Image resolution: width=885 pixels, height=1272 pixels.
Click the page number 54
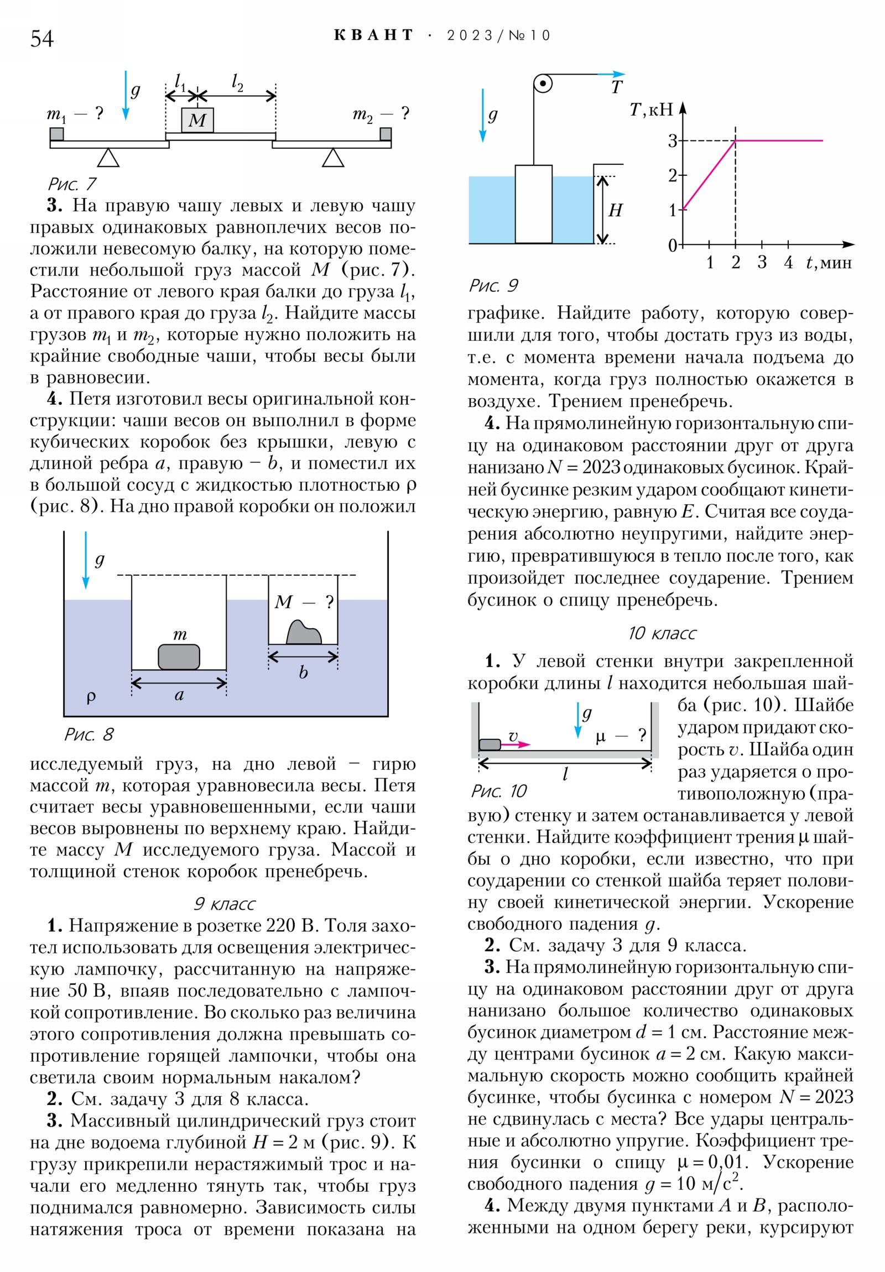pos(41,38)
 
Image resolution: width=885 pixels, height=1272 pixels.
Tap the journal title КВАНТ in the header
pos(373,35)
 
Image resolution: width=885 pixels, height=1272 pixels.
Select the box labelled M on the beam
pos(197,119)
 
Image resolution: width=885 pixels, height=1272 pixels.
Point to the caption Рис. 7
pos(72,184)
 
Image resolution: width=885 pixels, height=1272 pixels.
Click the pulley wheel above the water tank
pos(543,84)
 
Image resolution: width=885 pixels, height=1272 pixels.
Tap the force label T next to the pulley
pos(617,87)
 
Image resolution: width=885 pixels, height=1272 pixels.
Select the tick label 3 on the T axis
pos(672,140)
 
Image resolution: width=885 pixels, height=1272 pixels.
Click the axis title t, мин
pos(829,262)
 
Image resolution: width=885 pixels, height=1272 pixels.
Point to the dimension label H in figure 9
pos(615,210)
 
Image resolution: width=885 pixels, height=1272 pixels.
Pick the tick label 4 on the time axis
pos(788,262)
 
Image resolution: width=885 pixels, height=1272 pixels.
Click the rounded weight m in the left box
pos(179,656)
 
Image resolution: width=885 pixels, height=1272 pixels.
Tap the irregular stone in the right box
pos(304,633)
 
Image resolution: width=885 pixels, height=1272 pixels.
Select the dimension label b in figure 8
pos(303,672)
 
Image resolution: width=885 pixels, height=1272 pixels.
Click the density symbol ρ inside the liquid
pos(91,696)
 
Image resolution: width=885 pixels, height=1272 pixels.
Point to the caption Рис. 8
pos(88,734)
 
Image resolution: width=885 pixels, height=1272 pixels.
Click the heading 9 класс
pos(224,904)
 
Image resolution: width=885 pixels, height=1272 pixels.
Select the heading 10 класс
pos(662,633)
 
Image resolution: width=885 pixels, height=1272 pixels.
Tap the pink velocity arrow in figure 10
pos(516,744)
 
